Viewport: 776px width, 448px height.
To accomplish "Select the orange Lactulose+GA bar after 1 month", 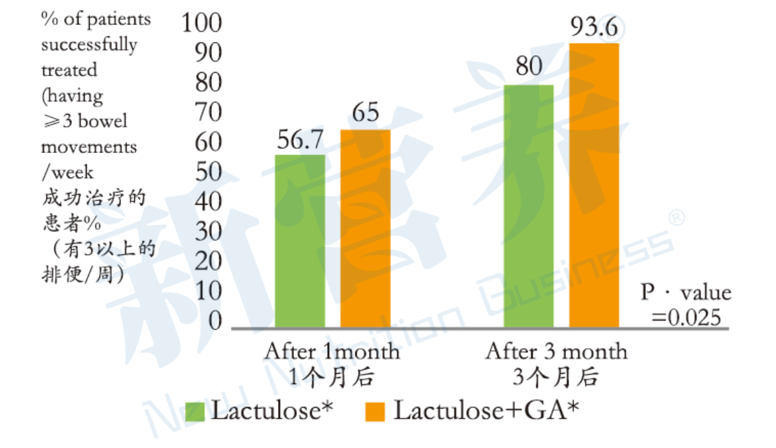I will [365, 229].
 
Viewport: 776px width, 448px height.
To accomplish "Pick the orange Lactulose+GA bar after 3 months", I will [594, 185].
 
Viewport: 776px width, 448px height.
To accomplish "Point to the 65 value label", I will [365, 113].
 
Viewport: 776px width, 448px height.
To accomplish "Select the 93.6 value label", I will [594, 28].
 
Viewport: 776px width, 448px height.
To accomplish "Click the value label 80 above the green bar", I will [529, 68].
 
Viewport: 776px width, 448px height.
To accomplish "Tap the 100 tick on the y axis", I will [201, 23].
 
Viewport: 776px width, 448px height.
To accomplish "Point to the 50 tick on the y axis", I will [208, 172].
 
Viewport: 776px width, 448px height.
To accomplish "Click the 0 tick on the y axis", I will [215, 321].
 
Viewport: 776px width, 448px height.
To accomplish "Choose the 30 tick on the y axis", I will [208, 232].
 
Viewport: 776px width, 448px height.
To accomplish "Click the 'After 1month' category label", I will [332, 352].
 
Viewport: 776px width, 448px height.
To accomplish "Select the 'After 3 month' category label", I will [556, 352].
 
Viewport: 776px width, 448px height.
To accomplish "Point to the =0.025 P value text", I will [686, 317].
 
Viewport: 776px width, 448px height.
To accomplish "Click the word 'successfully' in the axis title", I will [89, 45].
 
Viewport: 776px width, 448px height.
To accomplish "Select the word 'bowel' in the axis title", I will [108, 121].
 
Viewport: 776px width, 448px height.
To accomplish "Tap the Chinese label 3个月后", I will [556, 377].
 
